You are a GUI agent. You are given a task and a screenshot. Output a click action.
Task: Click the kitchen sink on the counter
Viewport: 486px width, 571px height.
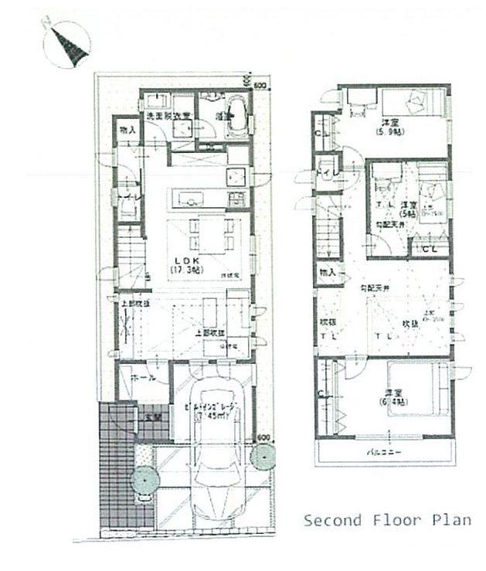(189, 200)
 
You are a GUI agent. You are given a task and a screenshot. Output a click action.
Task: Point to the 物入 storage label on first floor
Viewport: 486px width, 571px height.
(127, 131)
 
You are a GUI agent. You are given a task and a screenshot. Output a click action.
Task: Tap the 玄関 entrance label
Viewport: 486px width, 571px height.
(153, 418)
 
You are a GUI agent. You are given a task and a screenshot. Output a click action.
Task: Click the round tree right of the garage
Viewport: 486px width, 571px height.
(263, 457)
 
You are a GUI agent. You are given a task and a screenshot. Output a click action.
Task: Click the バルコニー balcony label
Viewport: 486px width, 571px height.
(384, 453)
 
